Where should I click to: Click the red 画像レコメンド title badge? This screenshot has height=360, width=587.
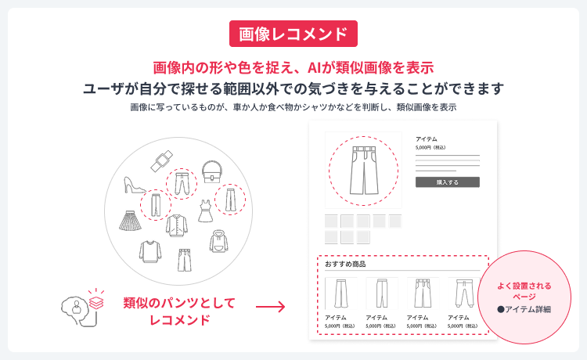[x=293, y=34]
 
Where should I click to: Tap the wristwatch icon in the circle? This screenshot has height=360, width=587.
[x=160, y=161]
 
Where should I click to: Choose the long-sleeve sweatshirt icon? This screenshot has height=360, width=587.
[x=149, y=251]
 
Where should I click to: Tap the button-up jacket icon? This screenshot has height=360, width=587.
[x=177, y=225]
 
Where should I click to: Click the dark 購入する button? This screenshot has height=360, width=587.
[x=447, y=182]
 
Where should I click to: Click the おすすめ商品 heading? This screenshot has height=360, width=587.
[x=345, y=265]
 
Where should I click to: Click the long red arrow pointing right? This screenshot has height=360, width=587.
[x=270, y=307]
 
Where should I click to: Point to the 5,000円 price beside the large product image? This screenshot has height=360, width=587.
[x=430, y=147]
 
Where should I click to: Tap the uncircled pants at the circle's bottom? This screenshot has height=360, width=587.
[x=184, y=260]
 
